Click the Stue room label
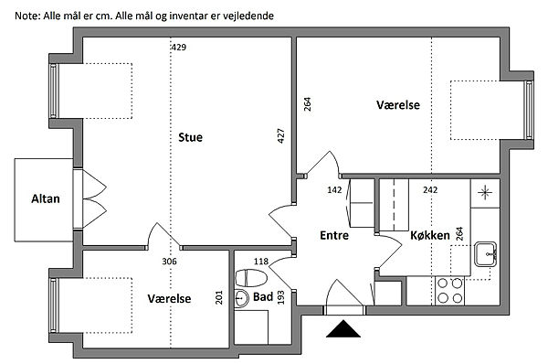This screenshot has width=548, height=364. tap(190, 137)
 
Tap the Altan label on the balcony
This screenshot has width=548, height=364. tap(46, 198)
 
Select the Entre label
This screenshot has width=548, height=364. tap(334, 235)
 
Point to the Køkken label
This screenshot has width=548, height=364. tap(430, 235)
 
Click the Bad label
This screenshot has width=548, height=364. tap(263, 297)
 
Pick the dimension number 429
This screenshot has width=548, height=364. tap(179, 47)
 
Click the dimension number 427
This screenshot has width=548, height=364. tap(280, 135)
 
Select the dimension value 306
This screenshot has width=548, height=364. tap(169, 261)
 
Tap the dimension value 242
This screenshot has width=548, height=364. tap(430, 189)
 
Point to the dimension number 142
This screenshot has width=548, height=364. tap(334, 189)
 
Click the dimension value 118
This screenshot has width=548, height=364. tap(261, 261)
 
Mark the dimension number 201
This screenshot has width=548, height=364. tap(219, 297)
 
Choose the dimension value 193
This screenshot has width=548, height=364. tap(280, 297)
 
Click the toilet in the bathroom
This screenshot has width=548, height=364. tap(251, 278)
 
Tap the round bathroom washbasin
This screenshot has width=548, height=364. tap(241, 298)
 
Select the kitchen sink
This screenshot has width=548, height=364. tap(486, 254)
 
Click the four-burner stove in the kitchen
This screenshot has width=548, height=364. tap(449, 291)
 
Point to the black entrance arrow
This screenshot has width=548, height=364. tap(343, 328)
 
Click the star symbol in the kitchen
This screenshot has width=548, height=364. tap(485, 192)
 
